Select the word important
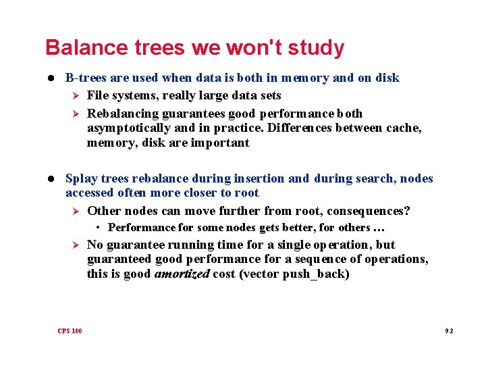pyautogui.click(x=220, y=143)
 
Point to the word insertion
pyautogui.click(x=259, y=178)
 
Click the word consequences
pyautogui.click(x=368, y=211)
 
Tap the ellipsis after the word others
pyautogui.click(x=379, y=228)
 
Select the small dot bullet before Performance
pyautogui.click(x=99, y=228)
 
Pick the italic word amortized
pyautogui.click(x=182, y=274)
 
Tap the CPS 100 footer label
pyautogui.click(x=70, y=331)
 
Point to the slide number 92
pyautogui.click(x=449, y=331)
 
